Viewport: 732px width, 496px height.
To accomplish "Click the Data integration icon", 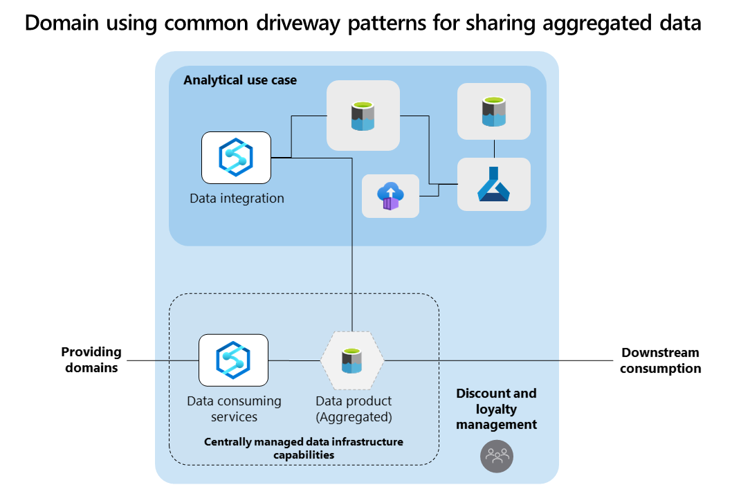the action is coord(236,158).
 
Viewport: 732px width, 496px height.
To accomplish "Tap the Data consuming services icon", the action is coord(233,360).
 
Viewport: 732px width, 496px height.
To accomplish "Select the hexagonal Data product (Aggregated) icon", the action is coord(352,360).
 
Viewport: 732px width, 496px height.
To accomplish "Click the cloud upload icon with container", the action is coord(391,196).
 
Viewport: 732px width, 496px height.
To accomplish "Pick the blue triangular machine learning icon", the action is coord(494,184).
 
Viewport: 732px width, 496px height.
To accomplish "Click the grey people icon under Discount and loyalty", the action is coord(497,457).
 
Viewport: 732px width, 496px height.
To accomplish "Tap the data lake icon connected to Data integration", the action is coord(363,116).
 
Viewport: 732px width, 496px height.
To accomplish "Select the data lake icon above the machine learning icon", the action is coord(494,111).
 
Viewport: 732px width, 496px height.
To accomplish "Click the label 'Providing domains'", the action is coord(91,360).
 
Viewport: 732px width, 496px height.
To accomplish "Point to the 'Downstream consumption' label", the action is coord(661,360).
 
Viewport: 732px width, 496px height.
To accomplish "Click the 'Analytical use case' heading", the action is coord(240,80).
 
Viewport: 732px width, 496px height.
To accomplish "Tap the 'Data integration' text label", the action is coord(237,199).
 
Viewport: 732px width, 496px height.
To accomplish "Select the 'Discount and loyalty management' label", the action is coord(496,409).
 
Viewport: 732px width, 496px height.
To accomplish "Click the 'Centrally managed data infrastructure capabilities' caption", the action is coord(304,448).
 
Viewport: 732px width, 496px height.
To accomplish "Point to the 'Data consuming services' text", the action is coord(234,409).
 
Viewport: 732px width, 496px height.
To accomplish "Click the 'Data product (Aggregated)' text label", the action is coord(354,409).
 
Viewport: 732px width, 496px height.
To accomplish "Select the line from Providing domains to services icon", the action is coord(163,360).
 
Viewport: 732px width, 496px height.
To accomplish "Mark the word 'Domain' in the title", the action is coord(62,22).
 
